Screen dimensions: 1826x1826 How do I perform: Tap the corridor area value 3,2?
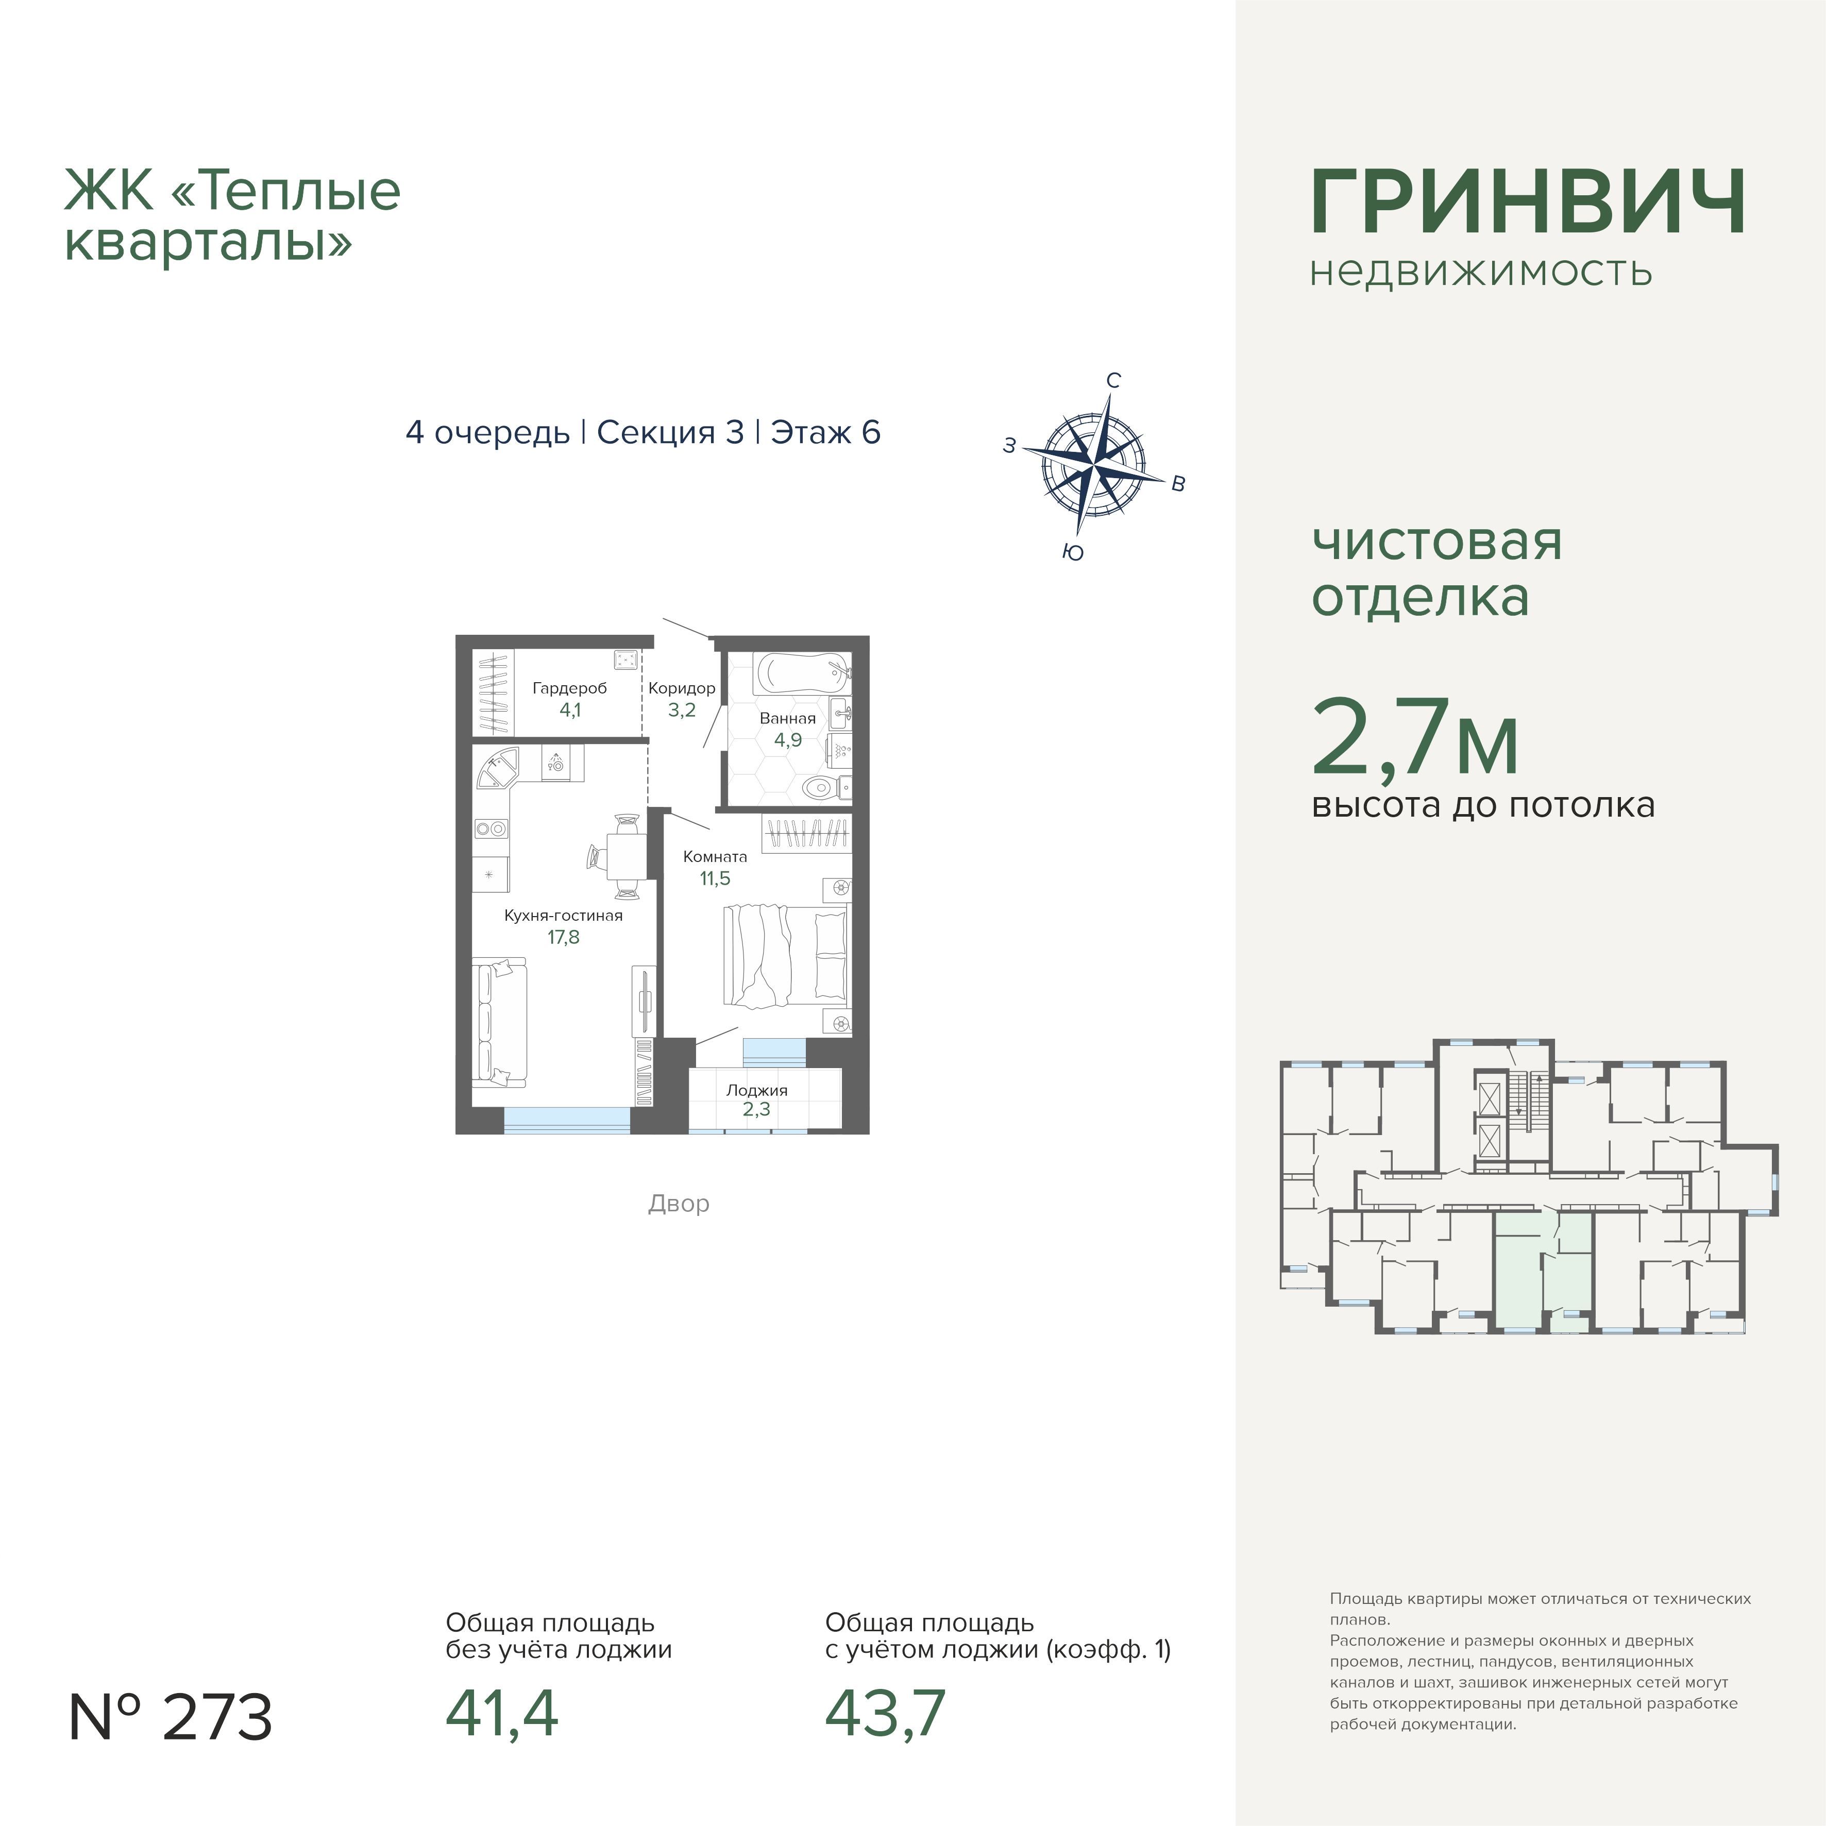click(x=682, y=710)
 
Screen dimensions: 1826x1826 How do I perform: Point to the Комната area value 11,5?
click(x=715, y=878)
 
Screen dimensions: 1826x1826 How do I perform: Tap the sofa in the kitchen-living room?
click(x=499, y=1023)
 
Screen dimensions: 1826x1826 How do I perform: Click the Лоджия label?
click(x=756, y=1090)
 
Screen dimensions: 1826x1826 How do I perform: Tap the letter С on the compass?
click(x=1113, y=380)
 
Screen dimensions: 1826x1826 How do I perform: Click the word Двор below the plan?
click(x=679, y=1203)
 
